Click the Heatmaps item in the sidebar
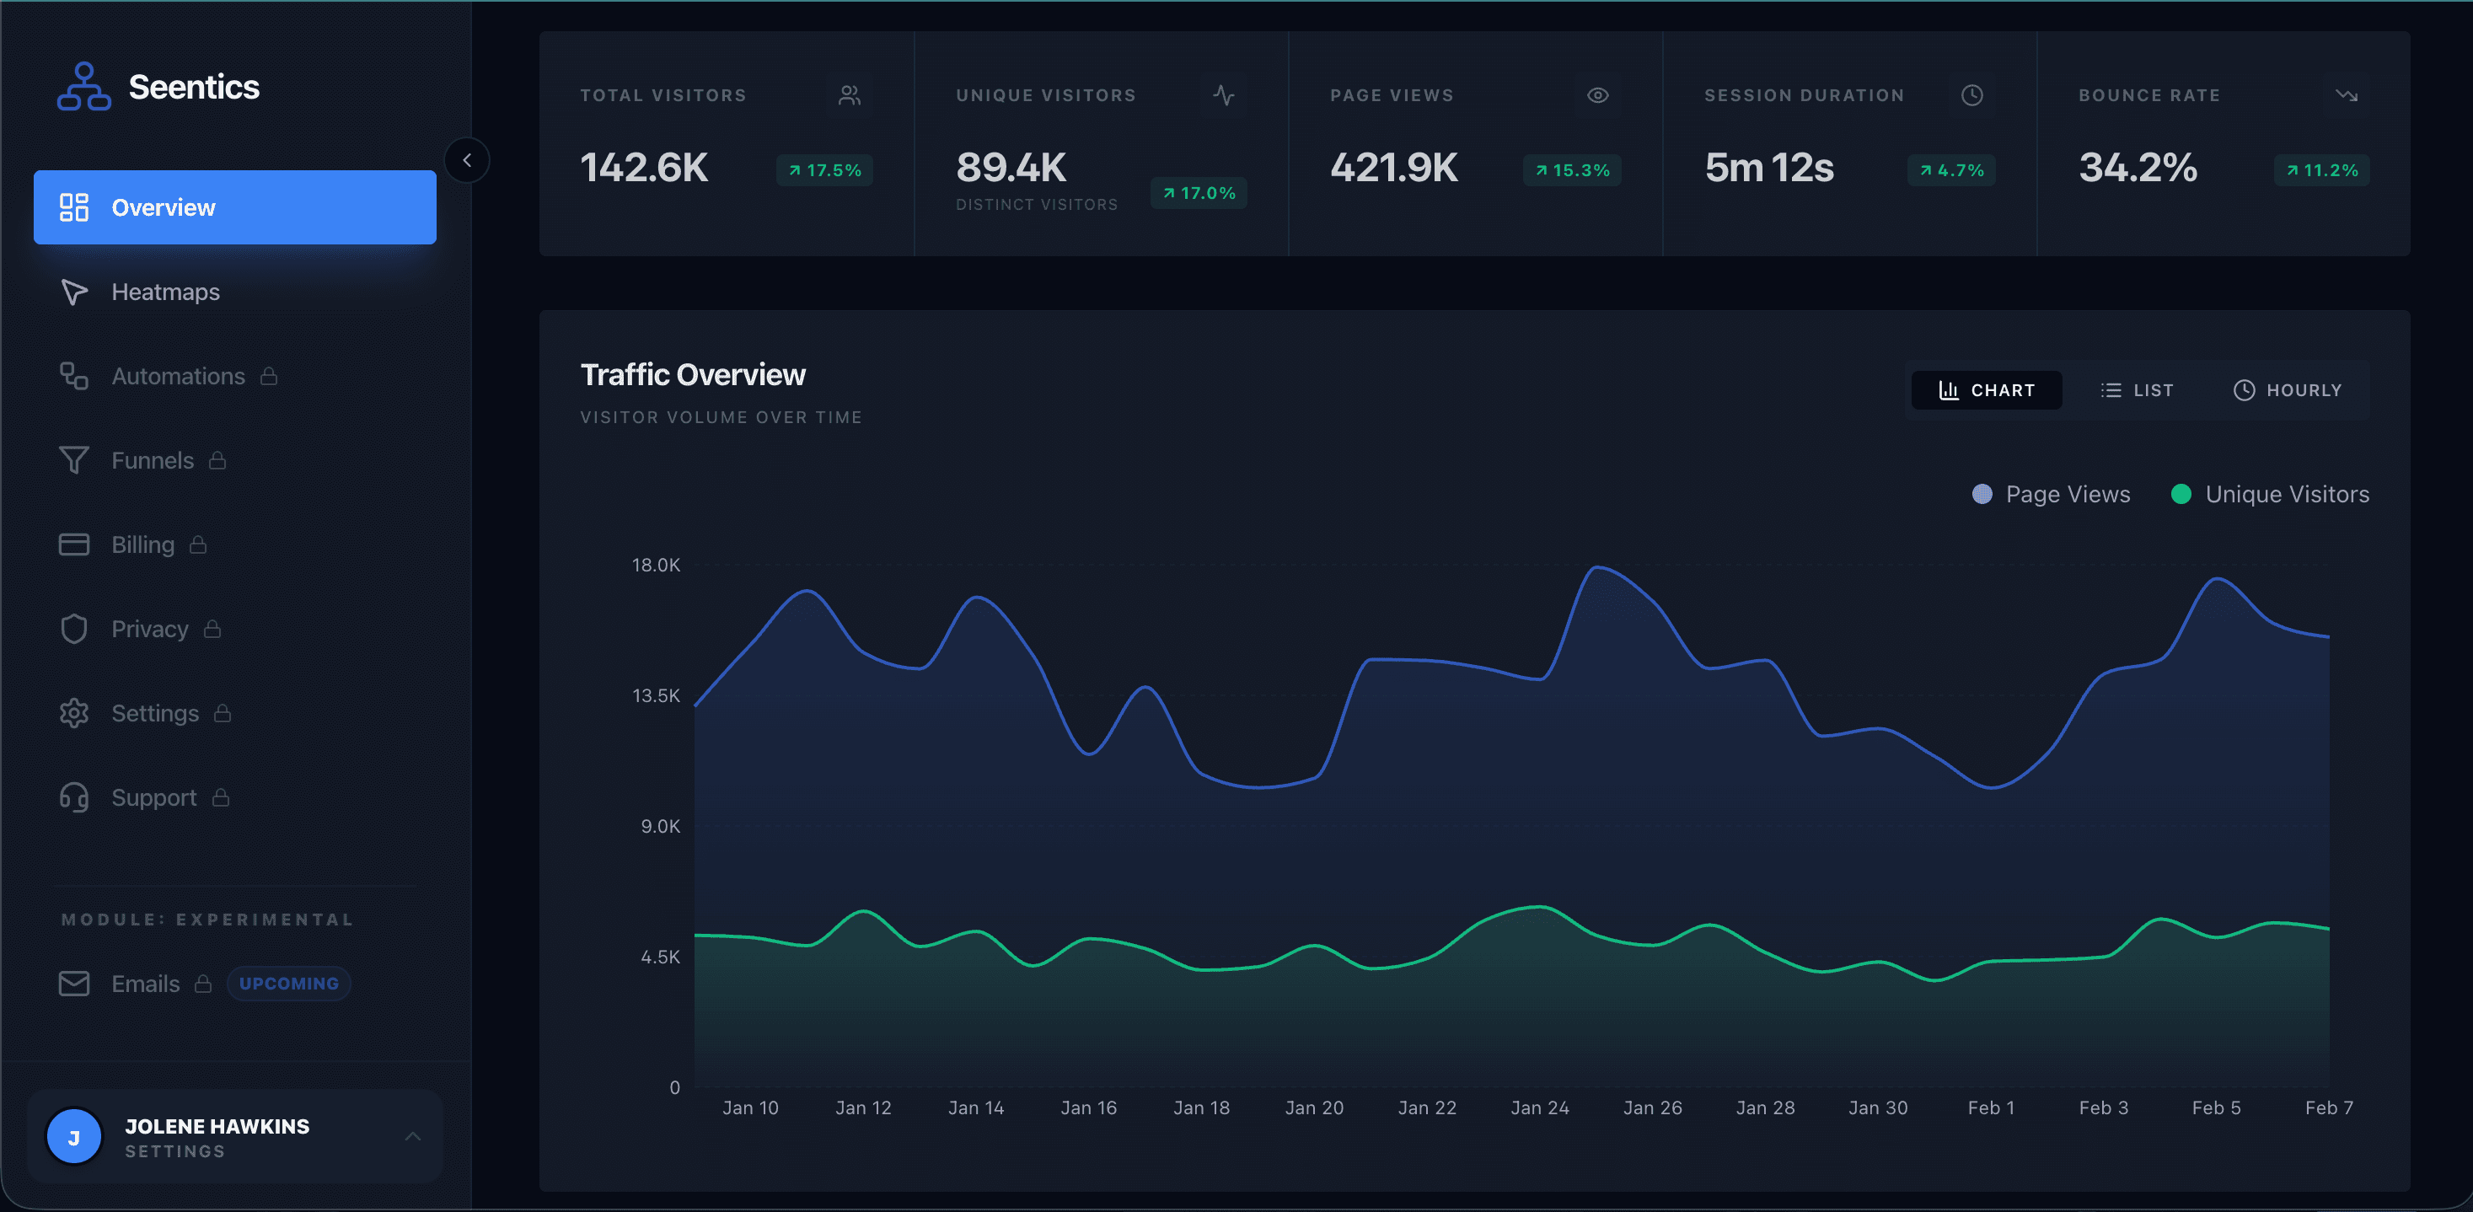[x=165, y=292]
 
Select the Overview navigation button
[x=234, y=207]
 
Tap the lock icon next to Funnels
[x=218, y=461]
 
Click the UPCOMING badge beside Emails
[x=288, y=984]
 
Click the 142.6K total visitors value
[x=644, y=168]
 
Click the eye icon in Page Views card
[x=1597, y=95]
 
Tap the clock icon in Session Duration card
[x=1971, y=95]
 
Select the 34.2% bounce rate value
[x=2138, y=168]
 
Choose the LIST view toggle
[x=2137, y=390]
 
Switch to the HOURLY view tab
[x=2288, y=390]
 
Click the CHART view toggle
[x=1987, y=390]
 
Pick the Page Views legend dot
[x=1982, y=494]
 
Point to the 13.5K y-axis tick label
[x=656, y=695]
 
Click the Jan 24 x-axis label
[x=1540, y=1107]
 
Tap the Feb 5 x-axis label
[x=2216, y=1107]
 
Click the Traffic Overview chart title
[x=693, y=375]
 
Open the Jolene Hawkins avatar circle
[x=74, y=1137]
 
